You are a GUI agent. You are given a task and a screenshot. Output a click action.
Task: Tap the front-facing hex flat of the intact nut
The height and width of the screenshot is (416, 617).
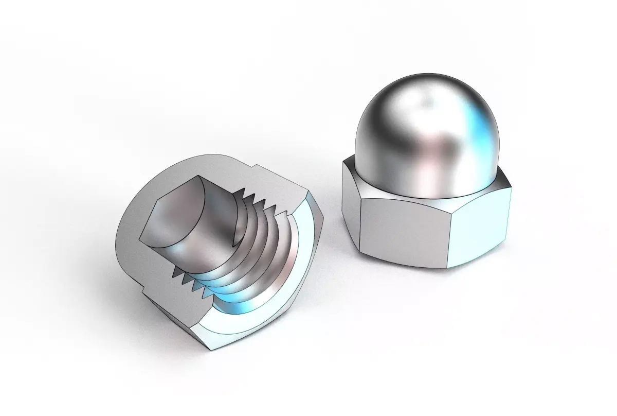pos(401,227)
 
